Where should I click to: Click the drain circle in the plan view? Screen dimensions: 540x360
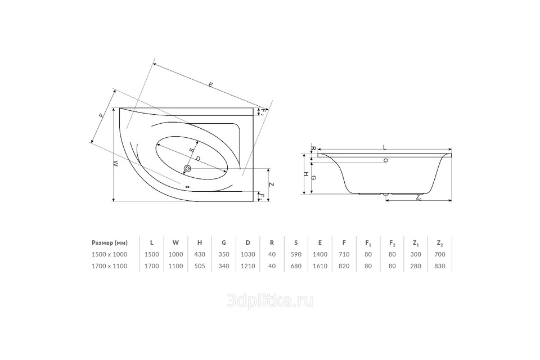coord(187,168)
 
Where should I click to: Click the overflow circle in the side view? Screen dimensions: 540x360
coord(386,160)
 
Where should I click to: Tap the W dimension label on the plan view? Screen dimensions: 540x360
coord(116,164)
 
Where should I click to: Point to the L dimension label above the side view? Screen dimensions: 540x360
coord(385,147)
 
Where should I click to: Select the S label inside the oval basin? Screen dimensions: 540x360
coord(192,150)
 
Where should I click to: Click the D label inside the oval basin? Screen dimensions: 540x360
coord(198,159)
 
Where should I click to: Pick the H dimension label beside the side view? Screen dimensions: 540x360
coord(305,174)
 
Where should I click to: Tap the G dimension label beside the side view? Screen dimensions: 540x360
coord(313,178)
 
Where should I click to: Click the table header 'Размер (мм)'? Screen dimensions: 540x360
coord(110,243)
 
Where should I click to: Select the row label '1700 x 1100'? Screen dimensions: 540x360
coord(110,266)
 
